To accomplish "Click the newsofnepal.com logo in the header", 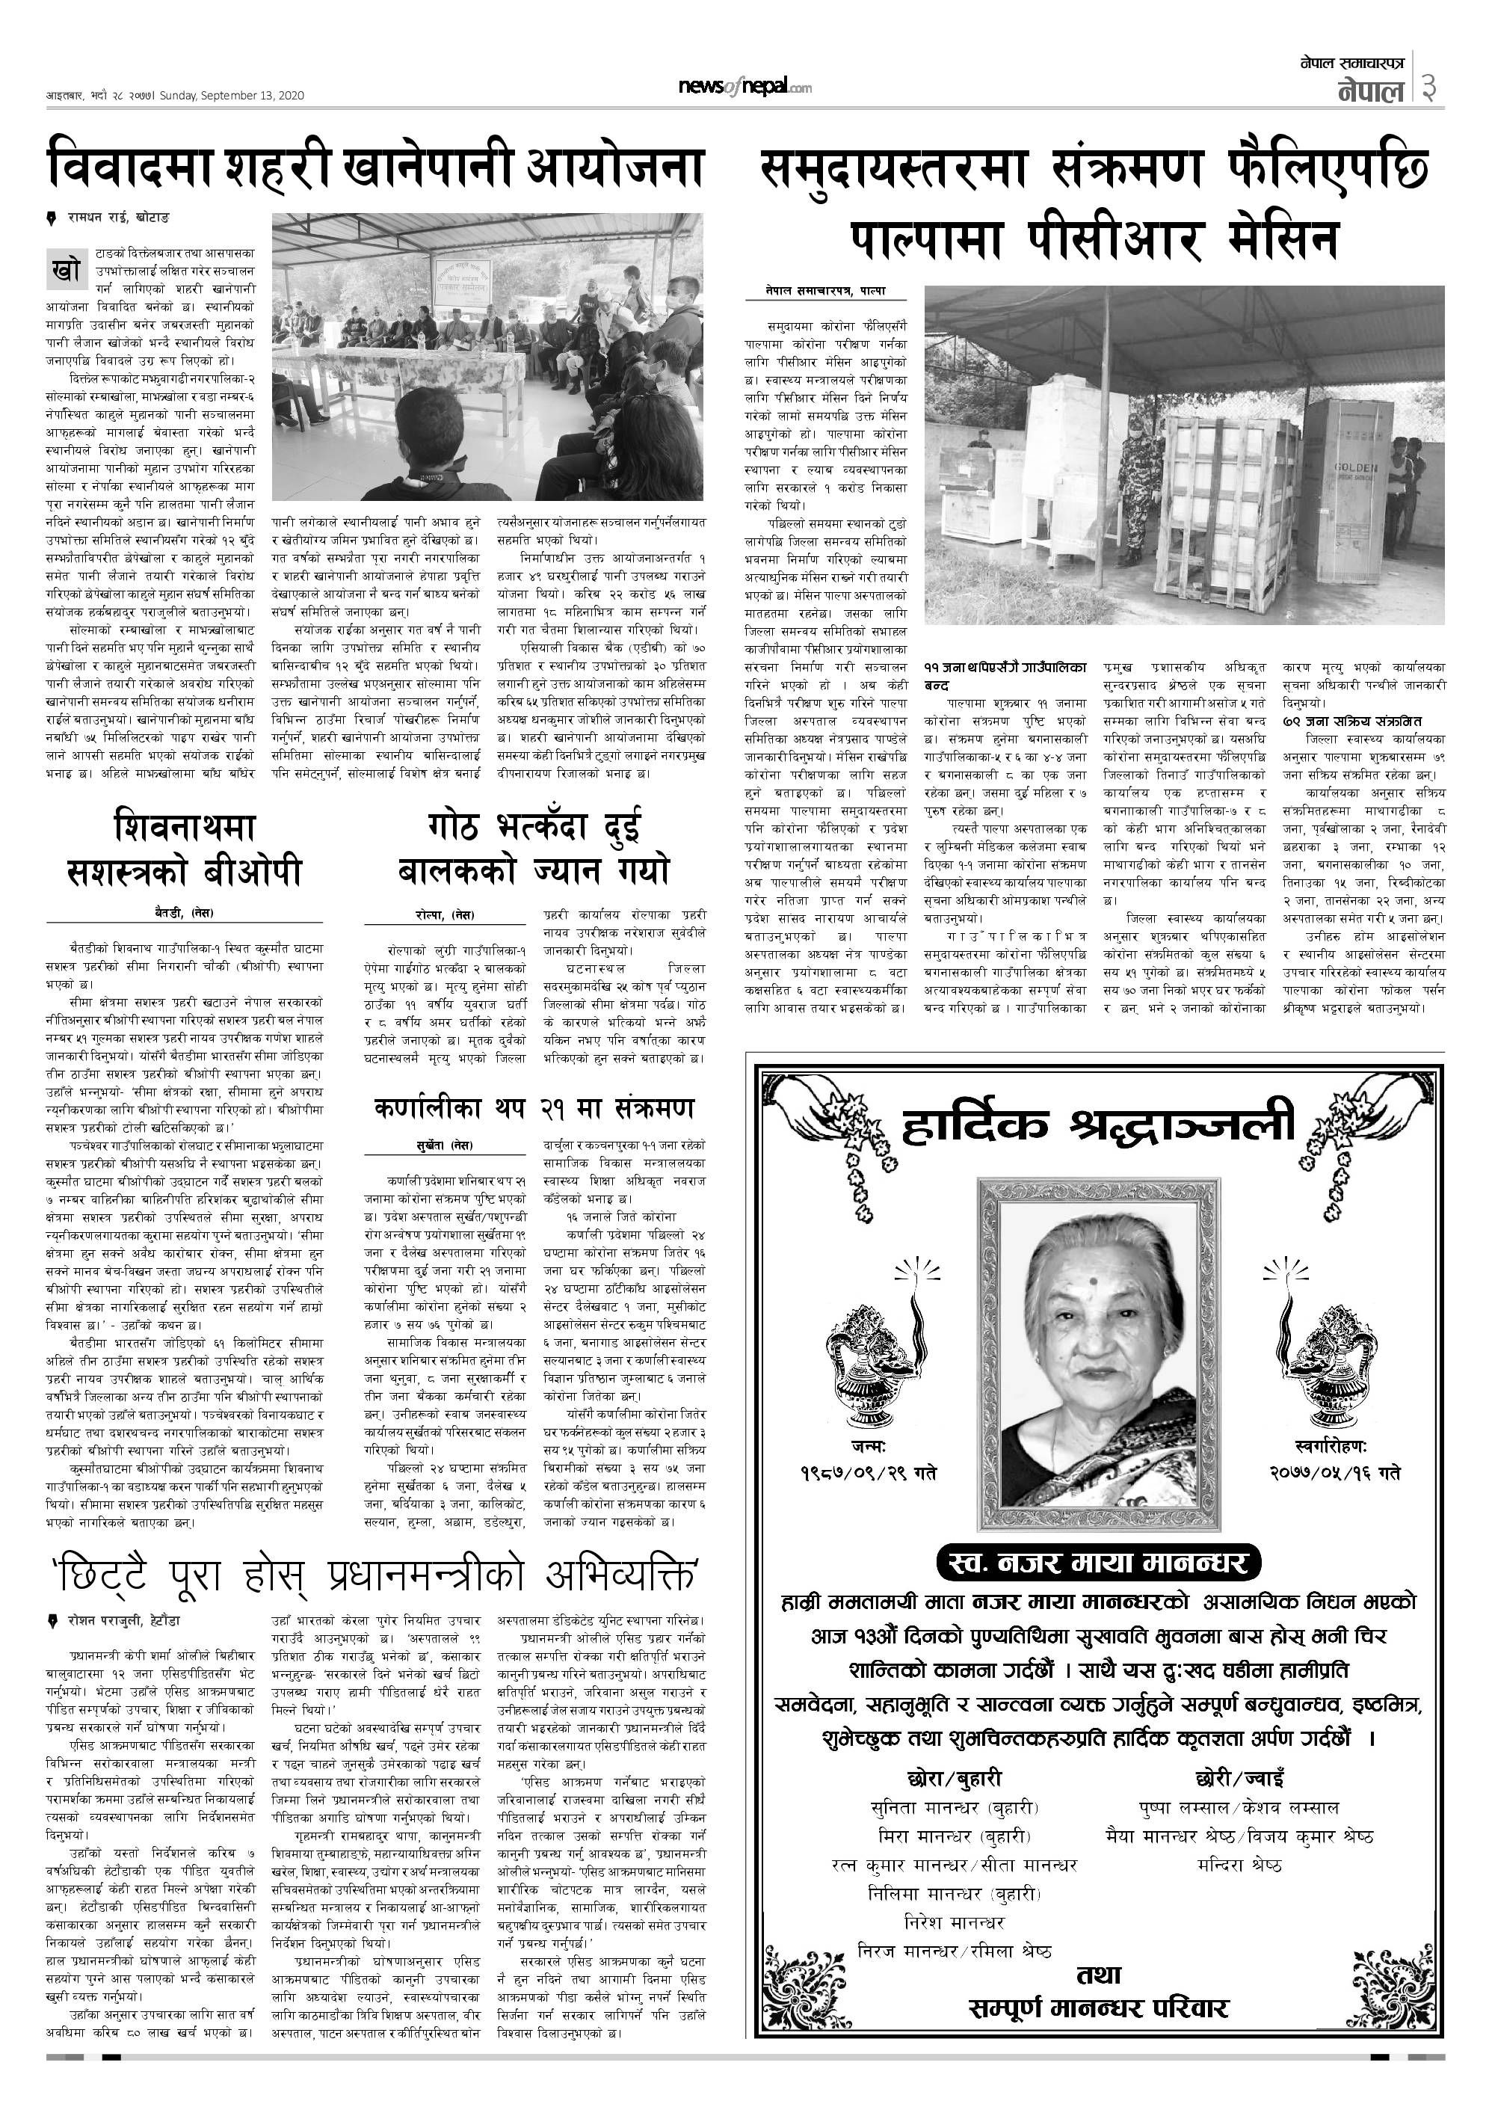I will point(745,87).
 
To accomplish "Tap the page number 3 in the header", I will point(1429,88).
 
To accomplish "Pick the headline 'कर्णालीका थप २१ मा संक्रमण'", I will point(534,1108).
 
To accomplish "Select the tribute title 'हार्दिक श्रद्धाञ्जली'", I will point(1098,1125).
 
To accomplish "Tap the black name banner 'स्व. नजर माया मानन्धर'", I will point(1098,1562).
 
